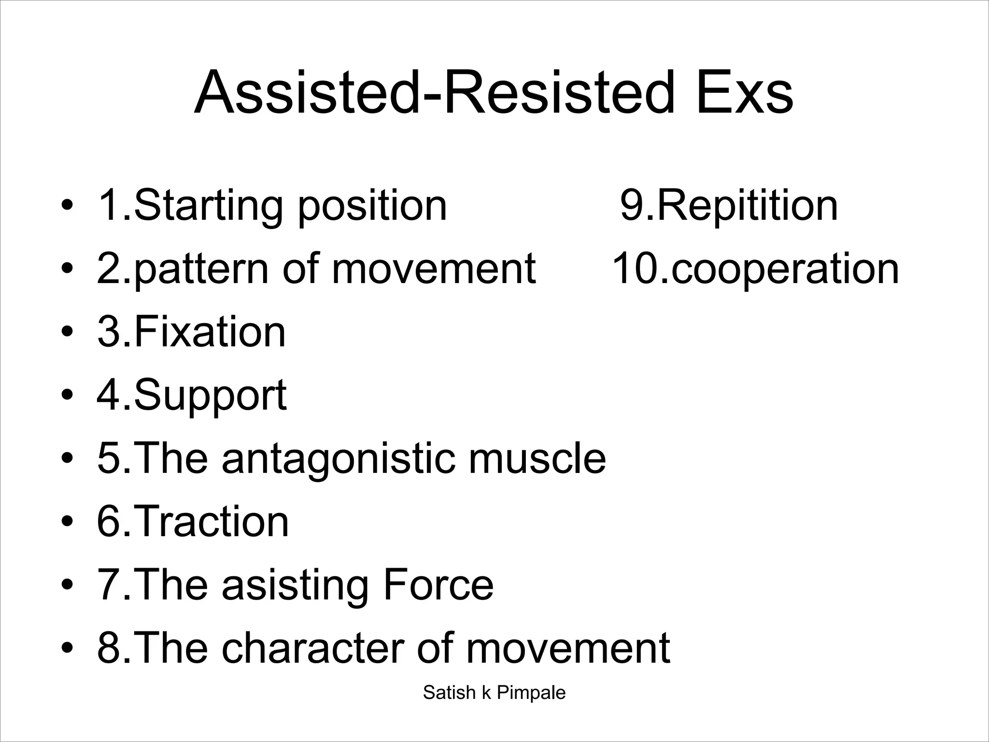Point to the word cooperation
(785, 270)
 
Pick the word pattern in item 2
(201, 270)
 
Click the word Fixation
(210, 332)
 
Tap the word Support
(210, 396)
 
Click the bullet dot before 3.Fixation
(67, 333)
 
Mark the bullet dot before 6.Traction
(67, 522)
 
